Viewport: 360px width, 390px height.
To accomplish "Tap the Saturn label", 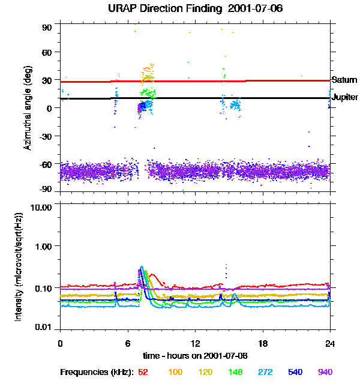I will pyautogui.click(x=344, y=80).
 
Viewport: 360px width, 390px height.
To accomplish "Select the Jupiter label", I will pyautogui.click(x=345, y=97).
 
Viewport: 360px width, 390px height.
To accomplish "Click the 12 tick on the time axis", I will pyautogui.click(x=195, y=343).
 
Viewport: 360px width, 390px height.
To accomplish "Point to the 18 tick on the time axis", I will pyautogui.click(x=263, y=343).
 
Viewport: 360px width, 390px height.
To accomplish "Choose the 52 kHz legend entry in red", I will pyautogui.click(x=143, y=372).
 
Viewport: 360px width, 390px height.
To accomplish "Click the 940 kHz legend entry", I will pyautogui.click(x=325, y=372).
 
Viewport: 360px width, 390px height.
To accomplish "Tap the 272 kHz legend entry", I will pyautogui.click(x=265, y=372).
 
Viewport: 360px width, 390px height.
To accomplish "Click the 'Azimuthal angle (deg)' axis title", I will pyautogui.click(x=27, y=108).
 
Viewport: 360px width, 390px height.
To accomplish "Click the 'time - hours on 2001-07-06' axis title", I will pyautogui.click(x=195, y=355).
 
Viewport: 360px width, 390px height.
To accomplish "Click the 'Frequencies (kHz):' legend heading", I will pyautogui.click(x=97, y=372).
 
